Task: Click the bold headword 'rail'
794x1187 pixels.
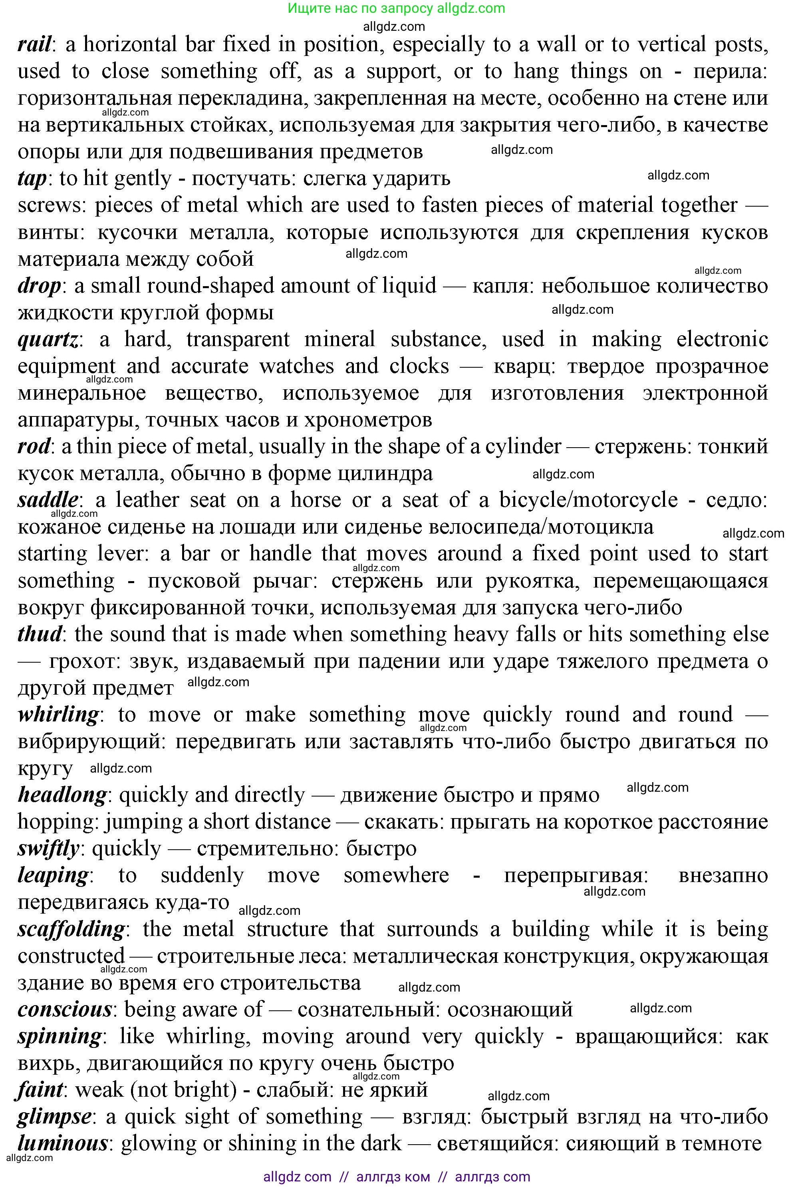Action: point(34,45)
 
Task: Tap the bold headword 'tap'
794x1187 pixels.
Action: point(32,179)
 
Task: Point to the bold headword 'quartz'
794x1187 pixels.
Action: point(48,339)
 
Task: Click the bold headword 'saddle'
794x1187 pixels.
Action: point(48,500)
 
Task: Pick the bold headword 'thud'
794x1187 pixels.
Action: point(40,634)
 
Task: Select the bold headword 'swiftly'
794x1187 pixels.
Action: point(48,848)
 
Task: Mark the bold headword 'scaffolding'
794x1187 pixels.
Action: point(71,929)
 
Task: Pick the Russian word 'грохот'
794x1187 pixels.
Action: point(83,661)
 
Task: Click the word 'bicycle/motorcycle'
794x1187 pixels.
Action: point(588,500)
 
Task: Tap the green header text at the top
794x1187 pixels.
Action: point(397,8)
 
